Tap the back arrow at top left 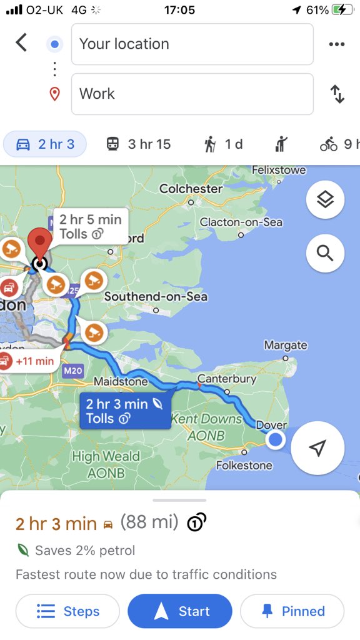pyautogui.click(x=22, y=43)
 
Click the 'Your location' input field pyautogui.click(x=192, y=44)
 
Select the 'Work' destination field pyautogui.click(x=192, y=94)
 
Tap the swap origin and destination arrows pyautogui.click(x=337, y=94)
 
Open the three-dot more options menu pyautogui.click(x=337, y=44)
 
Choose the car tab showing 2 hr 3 pyautogui.click(x=45, y=144)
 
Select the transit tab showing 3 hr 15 pyautogui.click(x=138, y=144)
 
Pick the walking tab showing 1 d pyautogui.click(x=223, y=144)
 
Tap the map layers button pyautogui.click(x=325, y=200)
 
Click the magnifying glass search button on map pyautogui.click(x=325, y=253)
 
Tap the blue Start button pyautogui.click(x=180, y=611)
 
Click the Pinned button pyautogui.click(x=292, y=611)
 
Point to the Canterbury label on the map pyautogui.click(x=227, y=379)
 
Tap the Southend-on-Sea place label pyautogui.click(x=156, y=296)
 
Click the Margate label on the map pyautogui.click(x=286, y=345)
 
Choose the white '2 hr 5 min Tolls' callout pyautogui.click(x=91, y=226)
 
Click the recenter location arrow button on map pyautogui.click(x=317, y=448)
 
